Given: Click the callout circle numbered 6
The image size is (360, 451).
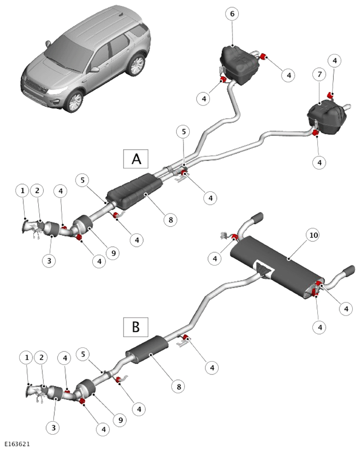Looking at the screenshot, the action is [x=232, y=14].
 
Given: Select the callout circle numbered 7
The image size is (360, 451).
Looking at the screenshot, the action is [x=320, y=75].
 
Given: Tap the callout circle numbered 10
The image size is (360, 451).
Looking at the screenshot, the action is [x=313, y=235].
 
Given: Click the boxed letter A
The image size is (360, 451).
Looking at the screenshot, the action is [x=136, y=159].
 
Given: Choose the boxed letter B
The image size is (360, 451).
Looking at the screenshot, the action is [x=136, y=327].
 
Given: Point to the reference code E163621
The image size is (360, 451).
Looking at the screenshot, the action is [x=17, y=444].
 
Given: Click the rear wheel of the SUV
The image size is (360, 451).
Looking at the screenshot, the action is [x=136, y=65].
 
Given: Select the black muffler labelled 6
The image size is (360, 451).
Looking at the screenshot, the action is [x=239, y=65].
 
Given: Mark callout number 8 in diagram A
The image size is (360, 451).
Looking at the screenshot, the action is [x=171, y=220].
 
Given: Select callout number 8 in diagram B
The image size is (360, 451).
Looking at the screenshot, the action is [x=179, y=386].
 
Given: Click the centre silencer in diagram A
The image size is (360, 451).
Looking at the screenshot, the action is [x=134, y=191].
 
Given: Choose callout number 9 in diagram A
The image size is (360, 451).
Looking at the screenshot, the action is [x=113, y=253].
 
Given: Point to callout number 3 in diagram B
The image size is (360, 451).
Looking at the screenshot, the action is [x=53, y=427].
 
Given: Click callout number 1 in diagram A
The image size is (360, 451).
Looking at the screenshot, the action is [x=23, y=190].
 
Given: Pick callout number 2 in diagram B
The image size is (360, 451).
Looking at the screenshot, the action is [x=41, y=358].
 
